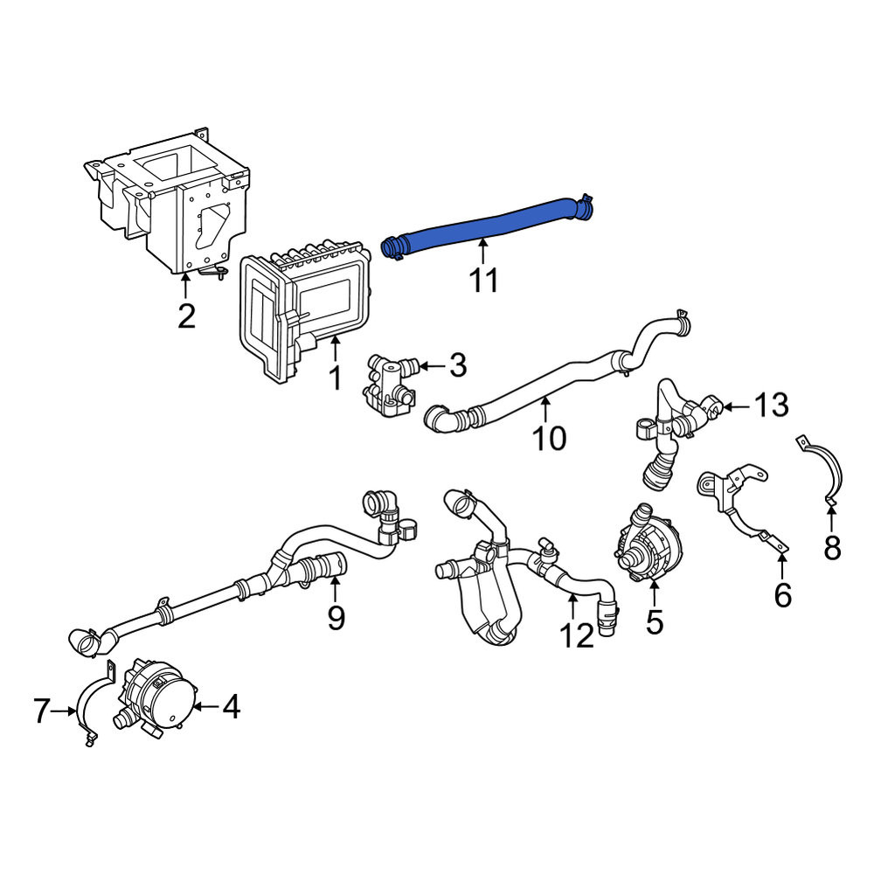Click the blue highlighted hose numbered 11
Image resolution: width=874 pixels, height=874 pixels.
point(485,225)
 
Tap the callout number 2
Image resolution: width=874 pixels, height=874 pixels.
point(186,316)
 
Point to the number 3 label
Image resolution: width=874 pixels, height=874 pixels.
point(458,365)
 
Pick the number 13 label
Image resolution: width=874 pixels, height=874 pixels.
point(771,406)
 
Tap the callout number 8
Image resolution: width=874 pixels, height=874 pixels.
point(832,548)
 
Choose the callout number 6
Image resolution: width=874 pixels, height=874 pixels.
point(783,595)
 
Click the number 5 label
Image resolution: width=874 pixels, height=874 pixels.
point(655,622)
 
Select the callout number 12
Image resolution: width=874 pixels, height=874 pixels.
point(576,636)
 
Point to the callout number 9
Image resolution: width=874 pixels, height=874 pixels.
point(336,618)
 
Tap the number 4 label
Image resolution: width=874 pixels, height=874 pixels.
point(231,707)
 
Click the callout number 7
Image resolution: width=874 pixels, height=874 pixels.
point(43,711)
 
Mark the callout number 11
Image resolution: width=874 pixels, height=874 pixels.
point(483,280)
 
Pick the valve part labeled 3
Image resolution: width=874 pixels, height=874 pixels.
point(389,385)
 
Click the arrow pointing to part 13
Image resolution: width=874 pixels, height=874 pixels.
point(737,407)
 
